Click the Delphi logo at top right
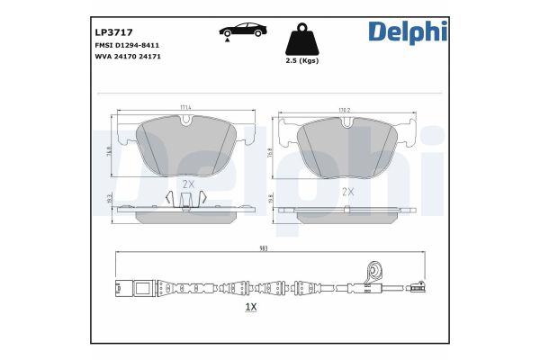pos(407,31)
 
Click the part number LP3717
pos(112,31)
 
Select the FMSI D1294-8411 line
pos(128,44)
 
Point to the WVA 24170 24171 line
pos(128,56)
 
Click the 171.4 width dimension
pos(186,110)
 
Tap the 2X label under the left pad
pos(188,184)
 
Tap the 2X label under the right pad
pos(347,192)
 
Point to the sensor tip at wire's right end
pos(417,289)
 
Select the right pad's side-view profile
pos(347,212)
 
